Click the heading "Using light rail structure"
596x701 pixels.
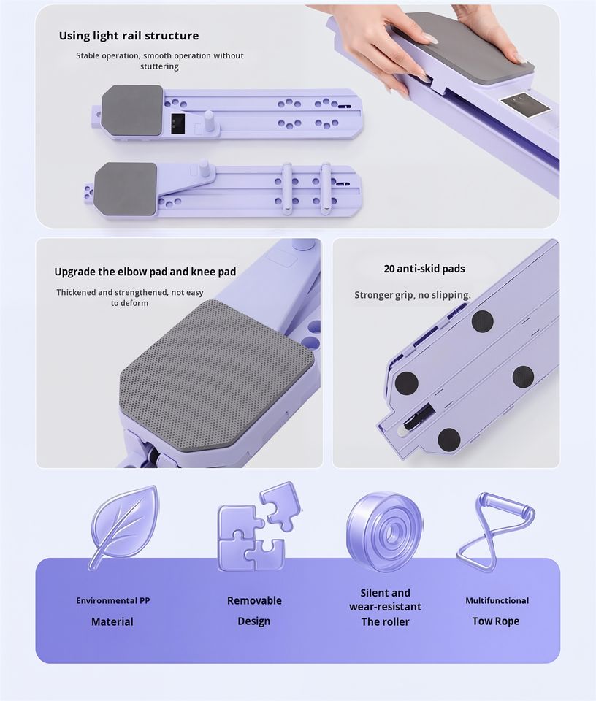129,36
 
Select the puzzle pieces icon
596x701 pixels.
259,526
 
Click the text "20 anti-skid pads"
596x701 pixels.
424,269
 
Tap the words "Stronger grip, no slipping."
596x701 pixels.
412,295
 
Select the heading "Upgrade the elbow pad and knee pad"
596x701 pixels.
145,272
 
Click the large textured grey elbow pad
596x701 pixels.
217,375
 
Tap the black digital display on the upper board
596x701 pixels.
178,124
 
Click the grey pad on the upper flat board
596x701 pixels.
132,110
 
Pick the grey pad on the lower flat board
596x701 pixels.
126,188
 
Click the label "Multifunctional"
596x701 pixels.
497,600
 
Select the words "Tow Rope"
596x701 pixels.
496,621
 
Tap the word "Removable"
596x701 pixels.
254,600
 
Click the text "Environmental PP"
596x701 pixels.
112,600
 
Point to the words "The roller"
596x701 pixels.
385,621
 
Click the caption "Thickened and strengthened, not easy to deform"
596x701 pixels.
130,298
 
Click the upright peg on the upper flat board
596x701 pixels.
209,120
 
